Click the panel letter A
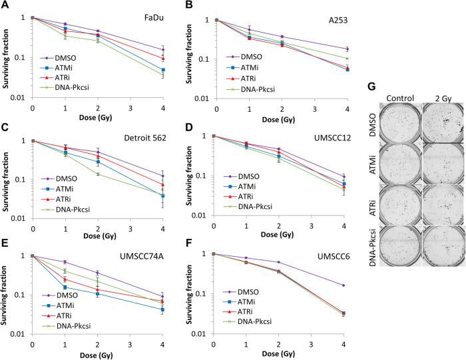pos(5,6)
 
